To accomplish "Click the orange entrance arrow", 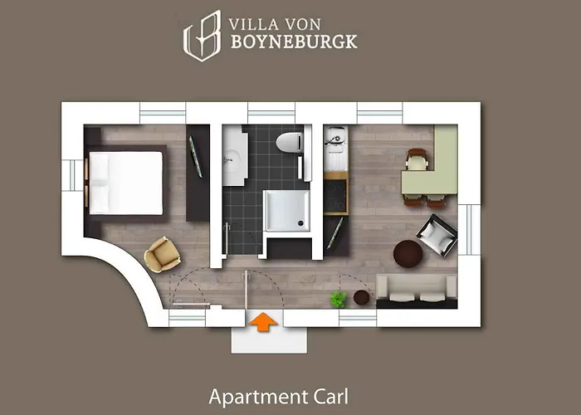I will pyautogui.click(x=263, y=321).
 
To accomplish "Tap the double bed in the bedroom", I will pyautogui.click(x=126, y=182).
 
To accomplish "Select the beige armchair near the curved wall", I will pyautogui.click(x=162, y=253).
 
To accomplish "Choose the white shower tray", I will pyautogui.click(x=286, y=210).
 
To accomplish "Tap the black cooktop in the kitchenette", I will pyautogui.click(x=336, y=195).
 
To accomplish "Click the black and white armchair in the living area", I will pyautogui.click(x=437, y=234).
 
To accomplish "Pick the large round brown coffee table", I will pyautogui.click(x=408, y=252).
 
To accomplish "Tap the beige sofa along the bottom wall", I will pyautogui.click(x=417, y=287).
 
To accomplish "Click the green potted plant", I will pyautogui.click(x=338, y=299).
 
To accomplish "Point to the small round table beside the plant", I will pyautogui.click(x=362, y=296).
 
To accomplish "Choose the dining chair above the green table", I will pyautogui.click(x=416, y=157).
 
